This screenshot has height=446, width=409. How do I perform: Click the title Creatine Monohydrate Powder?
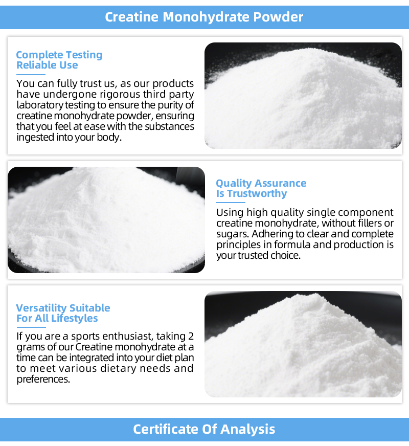pos(204,17)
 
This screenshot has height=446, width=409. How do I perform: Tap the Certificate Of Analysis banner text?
pos(204,429)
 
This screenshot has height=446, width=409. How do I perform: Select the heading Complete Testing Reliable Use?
pos(59,60)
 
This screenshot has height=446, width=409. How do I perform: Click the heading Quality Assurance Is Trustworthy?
pos(261,188)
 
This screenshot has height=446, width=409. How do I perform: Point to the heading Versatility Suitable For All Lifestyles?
pos(63,313)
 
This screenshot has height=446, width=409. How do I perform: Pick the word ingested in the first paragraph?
pos(35,138)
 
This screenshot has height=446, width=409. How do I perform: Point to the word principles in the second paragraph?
pos(235,244)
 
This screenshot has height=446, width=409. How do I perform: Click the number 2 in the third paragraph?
pos(191,336)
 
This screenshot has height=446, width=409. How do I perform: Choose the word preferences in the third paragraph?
pos(43,380)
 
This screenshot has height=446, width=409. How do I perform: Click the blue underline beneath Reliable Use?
pos(31,75)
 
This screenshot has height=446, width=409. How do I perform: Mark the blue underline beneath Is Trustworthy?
pos(231,203)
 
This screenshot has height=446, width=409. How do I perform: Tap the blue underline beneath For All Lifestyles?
pos(31,327)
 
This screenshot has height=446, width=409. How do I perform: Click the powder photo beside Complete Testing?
pos(303,96)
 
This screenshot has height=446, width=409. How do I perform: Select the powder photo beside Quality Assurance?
pos(106,220)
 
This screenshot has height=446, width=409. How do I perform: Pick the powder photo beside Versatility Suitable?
pos(303,344)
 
